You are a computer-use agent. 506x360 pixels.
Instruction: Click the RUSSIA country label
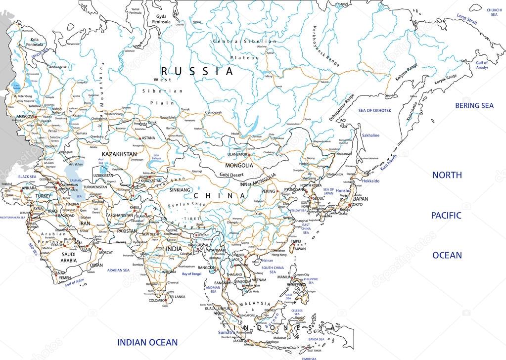(x=197, y=71)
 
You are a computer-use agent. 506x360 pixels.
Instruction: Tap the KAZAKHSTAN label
(x=119, y=154)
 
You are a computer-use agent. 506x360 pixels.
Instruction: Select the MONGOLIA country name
(x=239, y=166)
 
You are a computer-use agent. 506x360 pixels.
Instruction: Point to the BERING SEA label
(x=474, y=105)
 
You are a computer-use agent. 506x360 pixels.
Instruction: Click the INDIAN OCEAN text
(x=147, y=342)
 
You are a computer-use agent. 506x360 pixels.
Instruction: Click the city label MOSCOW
(x=25, y=116)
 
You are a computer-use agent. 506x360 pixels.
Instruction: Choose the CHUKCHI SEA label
(x=494, y=12)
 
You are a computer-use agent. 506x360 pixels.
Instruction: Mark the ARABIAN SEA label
(x=118, y=270)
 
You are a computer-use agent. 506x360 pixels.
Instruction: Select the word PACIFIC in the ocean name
(x=447, y=215)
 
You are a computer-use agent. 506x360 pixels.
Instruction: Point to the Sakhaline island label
(x=370, y=135)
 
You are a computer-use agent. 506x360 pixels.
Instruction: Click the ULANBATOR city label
(x=235, y=154)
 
